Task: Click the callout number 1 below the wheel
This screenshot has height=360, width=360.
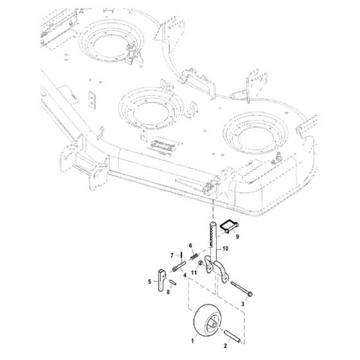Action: tap(192, 341)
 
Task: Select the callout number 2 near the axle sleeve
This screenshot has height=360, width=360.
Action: tap(225, 346)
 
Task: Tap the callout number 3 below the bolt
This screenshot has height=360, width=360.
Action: tap(243, 304)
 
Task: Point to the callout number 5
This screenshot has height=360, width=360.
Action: tap(150, 282)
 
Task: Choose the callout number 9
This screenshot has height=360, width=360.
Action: tap(237, 237)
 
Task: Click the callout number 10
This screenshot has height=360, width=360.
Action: tap(226, 248)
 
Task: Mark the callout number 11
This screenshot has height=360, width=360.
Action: tap(194, 273)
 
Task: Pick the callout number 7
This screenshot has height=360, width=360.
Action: tap(172, 255)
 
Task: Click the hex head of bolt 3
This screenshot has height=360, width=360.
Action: tap(250, 294)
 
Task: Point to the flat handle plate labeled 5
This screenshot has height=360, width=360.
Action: tap(161, 280)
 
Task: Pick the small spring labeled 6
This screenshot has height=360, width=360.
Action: tap(194, 256)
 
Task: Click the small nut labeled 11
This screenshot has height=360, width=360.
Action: tap(200, 263)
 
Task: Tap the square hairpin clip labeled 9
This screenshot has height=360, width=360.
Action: tap(229, 226)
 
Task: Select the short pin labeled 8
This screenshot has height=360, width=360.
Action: tap(173, 282)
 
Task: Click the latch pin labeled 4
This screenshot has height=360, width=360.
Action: tap(179, 266)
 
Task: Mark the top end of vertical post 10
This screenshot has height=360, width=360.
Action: tap(213, 222)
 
